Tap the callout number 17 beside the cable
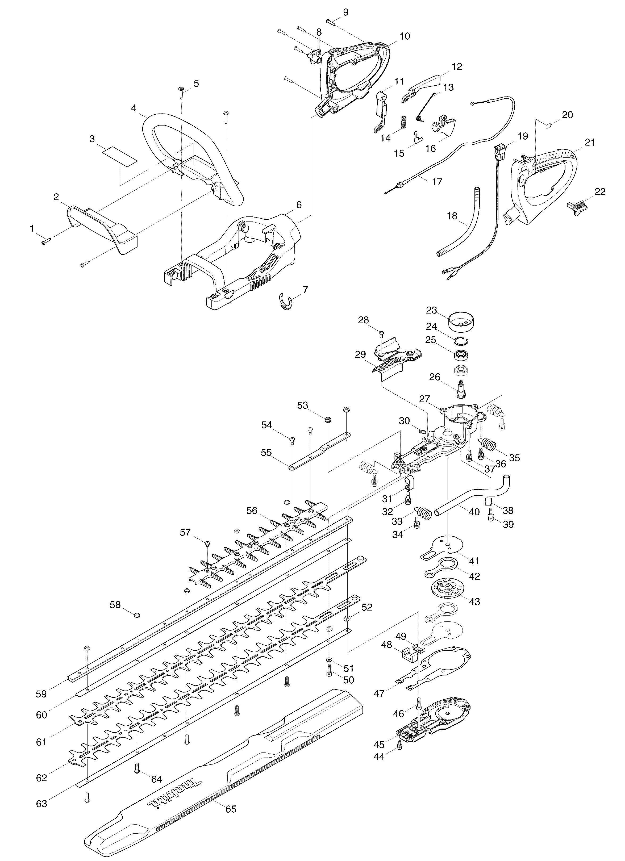point(437,182)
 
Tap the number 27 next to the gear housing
point(424,399)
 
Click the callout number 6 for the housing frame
point(299,205)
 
